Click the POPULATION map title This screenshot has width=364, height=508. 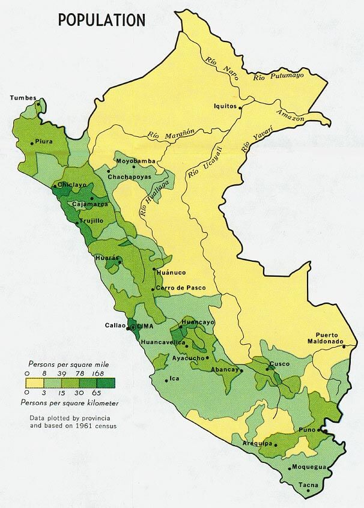tap(102, 20)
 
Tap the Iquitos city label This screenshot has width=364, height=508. tap(225, 106)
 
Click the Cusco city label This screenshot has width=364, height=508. tap(279, 364)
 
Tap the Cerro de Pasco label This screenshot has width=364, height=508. tap(180, 288)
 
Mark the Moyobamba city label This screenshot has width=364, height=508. tap(135, 162)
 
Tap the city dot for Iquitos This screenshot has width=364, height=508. tap(240, 108)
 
